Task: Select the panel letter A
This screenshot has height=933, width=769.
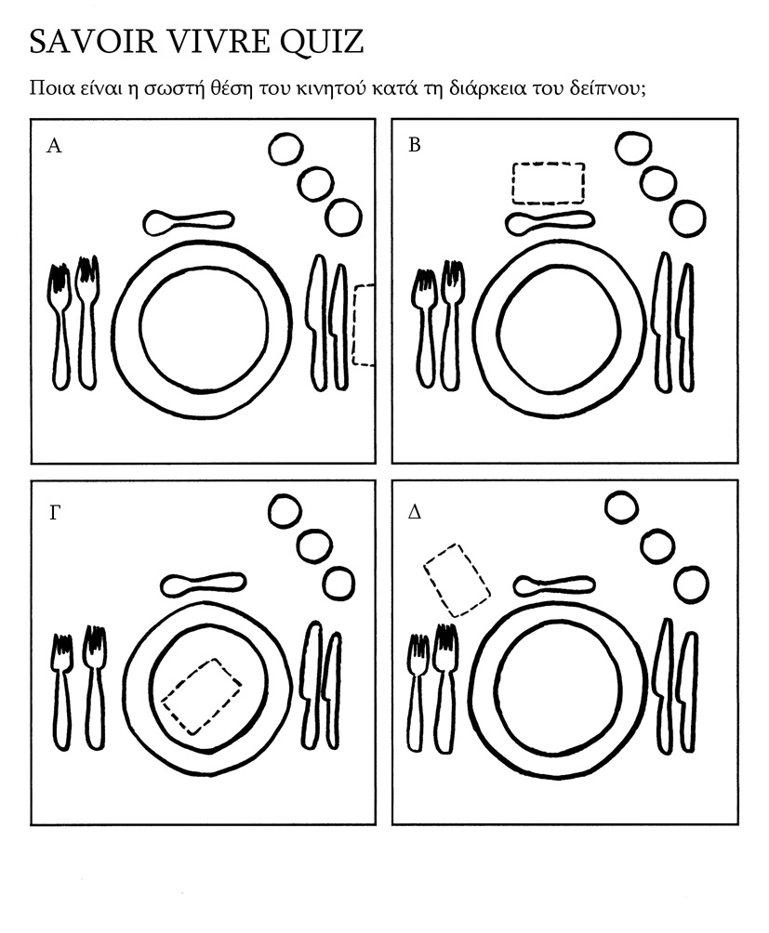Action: tap(54, 146)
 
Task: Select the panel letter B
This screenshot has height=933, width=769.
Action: tap(415, 146)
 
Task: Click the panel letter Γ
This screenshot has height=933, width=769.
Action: tap(54, 512)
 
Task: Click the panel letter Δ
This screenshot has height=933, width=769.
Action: tap(416, 512)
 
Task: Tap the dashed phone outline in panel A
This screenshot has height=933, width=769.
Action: tap(364, 325)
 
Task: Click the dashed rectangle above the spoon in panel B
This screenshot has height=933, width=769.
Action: tap(549, 183)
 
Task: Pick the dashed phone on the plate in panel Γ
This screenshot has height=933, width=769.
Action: tap(202, 696)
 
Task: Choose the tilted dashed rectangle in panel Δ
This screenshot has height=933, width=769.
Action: tap(457, 580)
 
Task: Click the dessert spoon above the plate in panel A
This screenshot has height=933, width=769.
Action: tap(188, 221)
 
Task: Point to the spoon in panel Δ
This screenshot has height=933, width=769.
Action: tap(554, 585)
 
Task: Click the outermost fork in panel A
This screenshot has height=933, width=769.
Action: tap(60, 325)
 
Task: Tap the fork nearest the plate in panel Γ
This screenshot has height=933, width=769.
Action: tap(95, 688)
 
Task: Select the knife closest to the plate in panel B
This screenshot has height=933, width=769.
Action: tap(662, 321)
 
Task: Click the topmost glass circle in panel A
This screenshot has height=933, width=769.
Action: tap(285, 149)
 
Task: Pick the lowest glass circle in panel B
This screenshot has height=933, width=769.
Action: tap(688, 217)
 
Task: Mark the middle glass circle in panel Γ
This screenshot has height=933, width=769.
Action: tap(313, 546)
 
